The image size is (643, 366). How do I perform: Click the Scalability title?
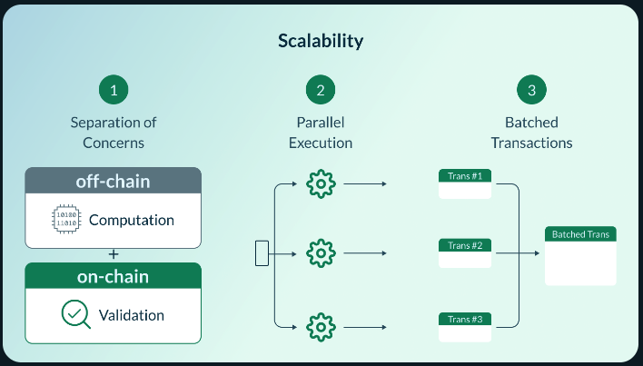click(321, 42)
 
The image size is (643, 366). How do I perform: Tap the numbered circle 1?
click(114, 90)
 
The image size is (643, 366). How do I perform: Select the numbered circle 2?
click(321, 90)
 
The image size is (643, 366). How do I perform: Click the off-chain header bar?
click(114, 181)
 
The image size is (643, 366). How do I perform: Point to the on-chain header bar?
click(114, 275)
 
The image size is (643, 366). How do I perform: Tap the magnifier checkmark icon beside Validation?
click(74, 314)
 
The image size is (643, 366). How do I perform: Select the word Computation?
click(131, 220)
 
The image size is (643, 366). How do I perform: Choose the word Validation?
click(130, 315)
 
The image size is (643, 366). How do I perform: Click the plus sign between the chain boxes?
click(114, 253)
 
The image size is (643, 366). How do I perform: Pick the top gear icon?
click(321, 184)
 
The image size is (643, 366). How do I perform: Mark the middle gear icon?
click(321, 252)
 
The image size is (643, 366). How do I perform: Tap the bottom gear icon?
click(321, 325)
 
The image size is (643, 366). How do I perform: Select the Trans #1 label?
click(465, 175)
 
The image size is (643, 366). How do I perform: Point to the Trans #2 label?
click(465, 245)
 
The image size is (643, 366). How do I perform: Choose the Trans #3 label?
click(465, 318)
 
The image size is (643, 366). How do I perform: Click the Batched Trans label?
click(580, 234)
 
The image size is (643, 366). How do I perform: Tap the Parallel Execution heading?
click(321, 133)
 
